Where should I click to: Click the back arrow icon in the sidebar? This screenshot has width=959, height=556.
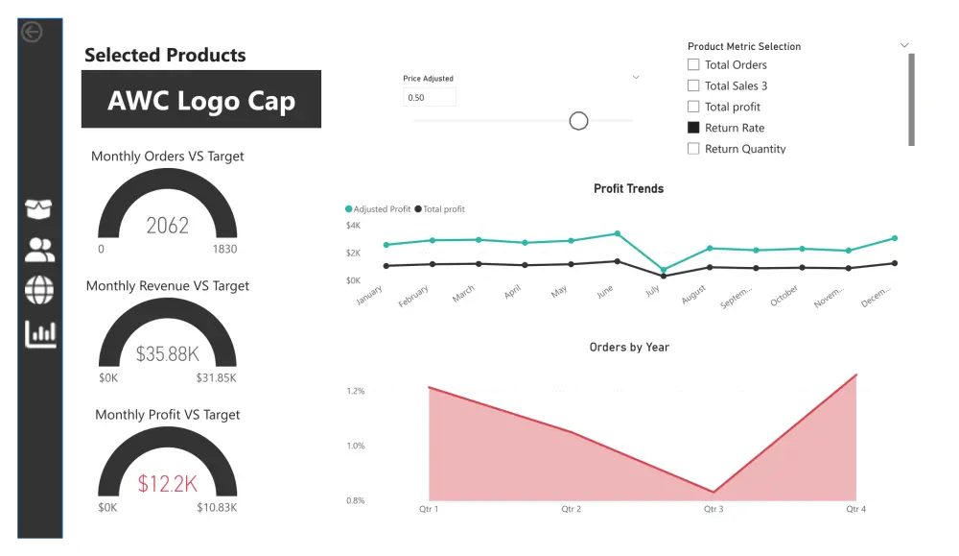32,33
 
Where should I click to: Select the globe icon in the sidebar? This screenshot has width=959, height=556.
40,289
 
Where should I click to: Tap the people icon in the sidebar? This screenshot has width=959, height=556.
40,250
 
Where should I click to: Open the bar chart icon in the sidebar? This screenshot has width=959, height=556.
40,333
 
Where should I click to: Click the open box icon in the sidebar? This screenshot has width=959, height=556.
39,208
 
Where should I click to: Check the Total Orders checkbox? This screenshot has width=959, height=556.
693,64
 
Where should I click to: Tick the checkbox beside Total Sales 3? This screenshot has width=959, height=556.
693,85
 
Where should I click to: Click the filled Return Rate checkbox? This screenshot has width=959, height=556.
693,128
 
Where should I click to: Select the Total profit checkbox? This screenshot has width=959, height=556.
693,107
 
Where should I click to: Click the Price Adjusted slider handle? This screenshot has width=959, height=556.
578,120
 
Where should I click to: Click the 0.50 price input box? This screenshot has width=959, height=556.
430,97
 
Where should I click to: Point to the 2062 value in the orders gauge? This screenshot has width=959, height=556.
168,226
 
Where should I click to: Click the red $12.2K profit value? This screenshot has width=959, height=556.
168,483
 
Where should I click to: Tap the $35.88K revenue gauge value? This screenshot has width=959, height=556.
168,353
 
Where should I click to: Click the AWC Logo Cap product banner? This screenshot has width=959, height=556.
201,100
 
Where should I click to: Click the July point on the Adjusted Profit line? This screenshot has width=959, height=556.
663,270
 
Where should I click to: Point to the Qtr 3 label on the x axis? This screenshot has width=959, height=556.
713,509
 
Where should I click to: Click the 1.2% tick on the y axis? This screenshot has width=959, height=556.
355,391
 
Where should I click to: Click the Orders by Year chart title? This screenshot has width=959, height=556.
629,347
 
